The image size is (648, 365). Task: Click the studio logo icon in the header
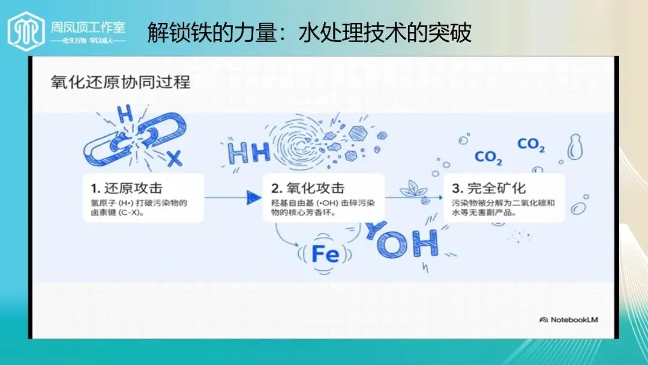coord(26,29)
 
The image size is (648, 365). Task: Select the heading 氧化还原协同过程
coord(120,82)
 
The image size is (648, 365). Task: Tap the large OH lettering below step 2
coord(402,241)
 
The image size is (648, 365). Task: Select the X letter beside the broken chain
coord(174,158)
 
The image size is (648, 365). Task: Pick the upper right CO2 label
coord(531,145)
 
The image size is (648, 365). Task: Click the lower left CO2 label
coord(488,158)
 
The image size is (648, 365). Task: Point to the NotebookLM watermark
coord(569,319)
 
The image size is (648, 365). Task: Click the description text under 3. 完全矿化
coord(503,208)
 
